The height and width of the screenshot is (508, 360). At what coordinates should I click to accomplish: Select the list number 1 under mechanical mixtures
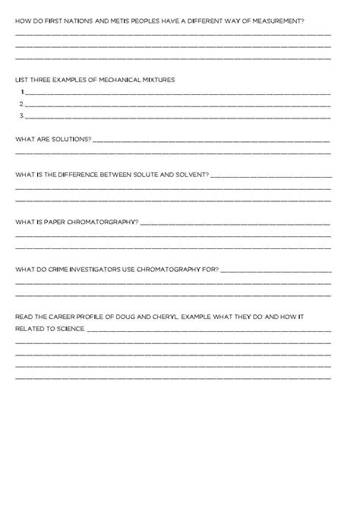(23, 91)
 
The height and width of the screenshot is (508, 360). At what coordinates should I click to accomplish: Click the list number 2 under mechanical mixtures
(23, 103)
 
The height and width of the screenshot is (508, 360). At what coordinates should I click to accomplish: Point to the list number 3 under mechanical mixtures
(23, 116)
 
